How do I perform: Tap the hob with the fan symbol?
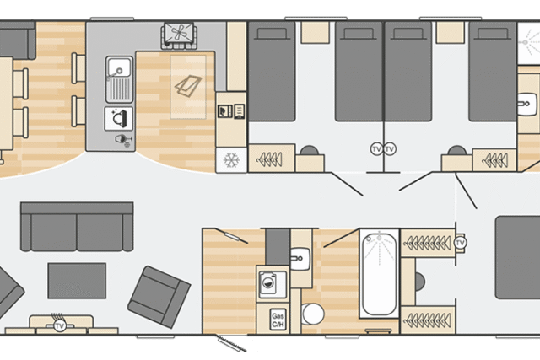(178, 35)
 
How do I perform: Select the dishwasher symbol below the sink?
(119, 119)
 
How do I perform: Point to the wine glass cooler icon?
(123, 141)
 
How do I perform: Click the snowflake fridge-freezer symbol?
(231, 160)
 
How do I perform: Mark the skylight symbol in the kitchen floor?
(188, 86)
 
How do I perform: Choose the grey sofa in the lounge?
(77, 227)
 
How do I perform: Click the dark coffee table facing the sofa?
(77, 281)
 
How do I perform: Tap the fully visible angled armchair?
(159, 297)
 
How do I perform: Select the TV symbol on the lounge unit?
(60, 325)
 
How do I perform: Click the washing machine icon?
(273, 283)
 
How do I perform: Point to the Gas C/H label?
(278, 320)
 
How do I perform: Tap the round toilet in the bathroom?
(313, 314)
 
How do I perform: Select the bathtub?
(379, 274)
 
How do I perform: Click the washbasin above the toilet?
(300, 258)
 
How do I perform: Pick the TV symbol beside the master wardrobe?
(460, 243)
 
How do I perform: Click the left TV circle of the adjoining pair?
(376, 149)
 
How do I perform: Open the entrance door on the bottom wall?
(233, 343)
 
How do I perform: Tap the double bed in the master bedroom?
(517, 257)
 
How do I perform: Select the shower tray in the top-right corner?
(529, 43)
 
